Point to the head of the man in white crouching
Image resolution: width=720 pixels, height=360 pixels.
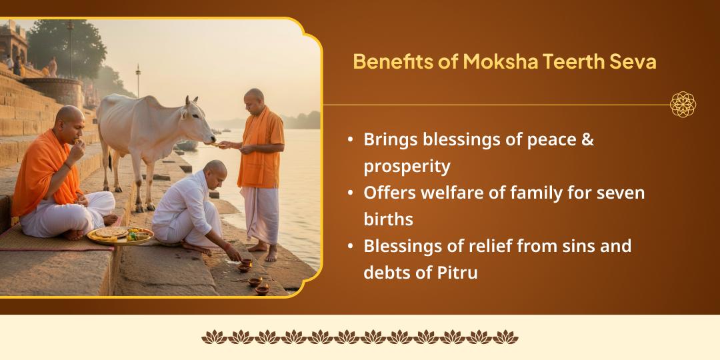[x=215, y=171]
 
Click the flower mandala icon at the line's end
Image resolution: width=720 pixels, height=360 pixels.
[x=683, y=105]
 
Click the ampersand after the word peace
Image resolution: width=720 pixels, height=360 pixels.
[x=587, y=139]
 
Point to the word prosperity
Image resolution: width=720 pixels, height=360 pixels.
[x=407, y=166]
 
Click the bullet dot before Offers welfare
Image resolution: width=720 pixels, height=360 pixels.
[x=351, y=193]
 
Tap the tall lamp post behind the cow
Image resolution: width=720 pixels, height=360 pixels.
[x=138, y=80]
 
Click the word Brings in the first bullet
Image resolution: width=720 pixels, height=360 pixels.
[x=388, y=139]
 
